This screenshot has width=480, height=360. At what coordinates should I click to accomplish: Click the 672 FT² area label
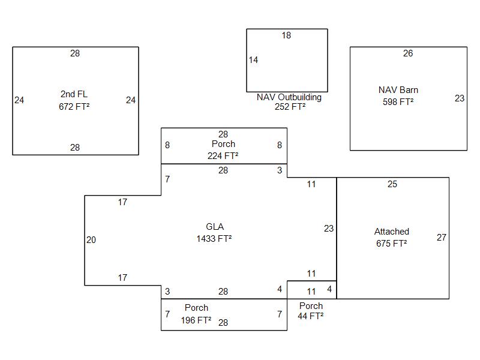tap(74, 106)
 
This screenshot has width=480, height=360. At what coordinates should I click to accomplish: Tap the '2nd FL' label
tap(74, 94)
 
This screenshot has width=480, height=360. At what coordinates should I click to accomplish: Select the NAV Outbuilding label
tap(289, 97)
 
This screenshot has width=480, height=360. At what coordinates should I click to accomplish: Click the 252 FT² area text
tap(290, 107)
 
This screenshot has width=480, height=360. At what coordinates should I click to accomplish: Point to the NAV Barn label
tap(398, 90)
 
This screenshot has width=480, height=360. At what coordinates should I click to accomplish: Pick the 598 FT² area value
tap(398, 102)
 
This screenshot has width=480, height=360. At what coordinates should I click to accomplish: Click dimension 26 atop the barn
tap(408, 53)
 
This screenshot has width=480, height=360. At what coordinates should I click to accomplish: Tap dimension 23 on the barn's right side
tap(460, 98)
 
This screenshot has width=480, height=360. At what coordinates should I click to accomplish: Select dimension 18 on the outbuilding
tap(286, 35)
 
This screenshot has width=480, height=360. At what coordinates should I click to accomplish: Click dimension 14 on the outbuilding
tap(253, 60)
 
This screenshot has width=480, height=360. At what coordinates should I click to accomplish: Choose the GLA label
tap(215, 227)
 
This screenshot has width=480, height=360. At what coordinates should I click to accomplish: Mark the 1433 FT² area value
tap(214, 239)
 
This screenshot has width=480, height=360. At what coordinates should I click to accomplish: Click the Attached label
tap(392, 232)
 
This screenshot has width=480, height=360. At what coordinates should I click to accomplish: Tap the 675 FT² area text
tap(392, 244)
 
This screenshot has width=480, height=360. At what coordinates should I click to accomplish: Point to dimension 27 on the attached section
tap(442, 238)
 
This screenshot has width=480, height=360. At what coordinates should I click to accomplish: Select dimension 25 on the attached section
tap(392, 184)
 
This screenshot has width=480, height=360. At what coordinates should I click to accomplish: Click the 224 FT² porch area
tap(223, 155)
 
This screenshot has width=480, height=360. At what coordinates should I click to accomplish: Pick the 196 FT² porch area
tap(196, 320)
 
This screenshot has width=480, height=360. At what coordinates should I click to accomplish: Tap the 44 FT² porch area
tap(311, 316)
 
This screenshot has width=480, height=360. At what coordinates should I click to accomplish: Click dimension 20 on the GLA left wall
tap(91, 240)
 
